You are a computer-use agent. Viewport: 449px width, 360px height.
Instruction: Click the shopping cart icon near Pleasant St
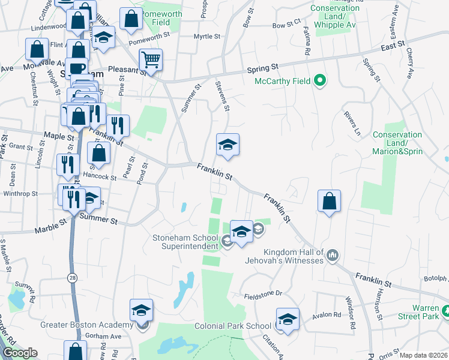click(x=151, y=59)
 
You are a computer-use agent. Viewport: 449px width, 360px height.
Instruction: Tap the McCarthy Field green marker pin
click(x=320, y=80)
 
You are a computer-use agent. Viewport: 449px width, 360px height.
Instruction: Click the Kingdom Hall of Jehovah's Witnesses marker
click(x=333, y=256)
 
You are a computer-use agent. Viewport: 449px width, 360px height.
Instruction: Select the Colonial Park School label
click(x=232, y=326)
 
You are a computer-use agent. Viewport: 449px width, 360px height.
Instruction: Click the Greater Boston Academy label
click(x=86, y=325)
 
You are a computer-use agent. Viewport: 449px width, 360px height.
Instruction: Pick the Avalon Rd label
click(x=327, y=314)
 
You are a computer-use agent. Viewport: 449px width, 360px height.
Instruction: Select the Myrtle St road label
click(x=208, y=37)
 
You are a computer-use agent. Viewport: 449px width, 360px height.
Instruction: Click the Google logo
click(x=20, y=353)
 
